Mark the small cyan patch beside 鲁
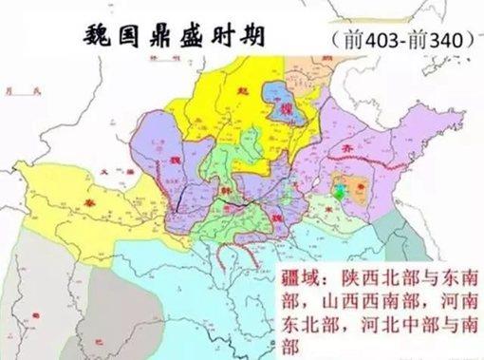[339, 191]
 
